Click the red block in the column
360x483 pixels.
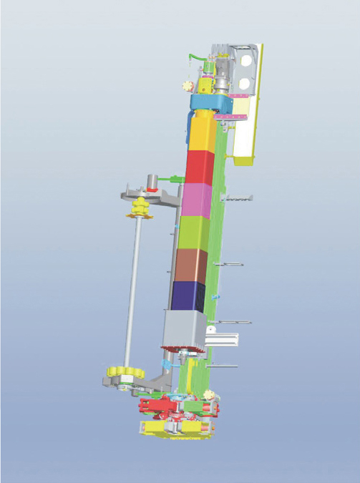[200, 167]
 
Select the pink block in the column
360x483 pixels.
[198, 200]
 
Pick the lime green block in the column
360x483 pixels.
[194, 233]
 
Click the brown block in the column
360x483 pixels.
[190, 265]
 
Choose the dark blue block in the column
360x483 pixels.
[188, 295]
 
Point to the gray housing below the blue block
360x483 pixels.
[184, 328]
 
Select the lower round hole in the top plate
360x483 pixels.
[245, 80]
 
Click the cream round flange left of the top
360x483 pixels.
[188, 86]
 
